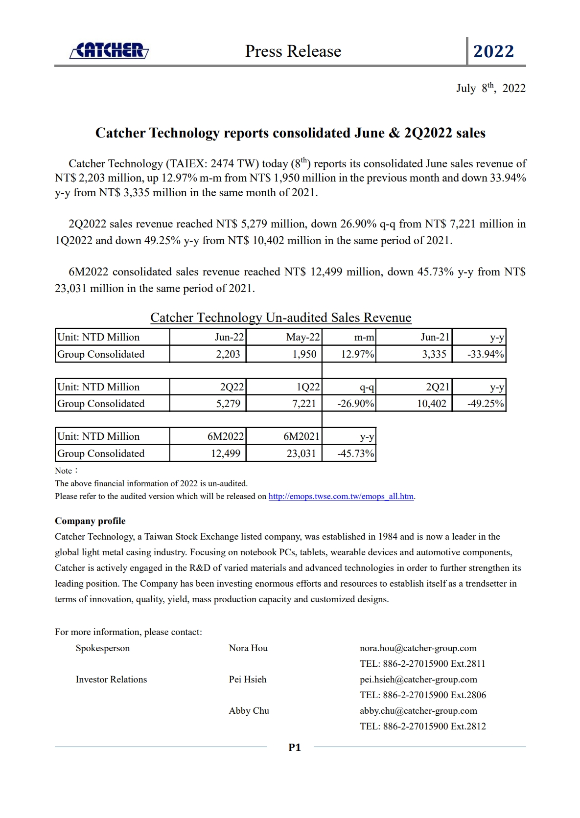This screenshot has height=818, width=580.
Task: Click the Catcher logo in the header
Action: (109, 50)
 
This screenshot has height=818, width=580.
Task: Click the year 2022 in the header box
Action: (493, 51)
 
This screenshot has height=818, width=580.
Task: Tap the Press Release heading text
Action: (293, 51)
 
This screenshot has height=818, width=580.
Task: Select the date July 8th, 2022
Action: (490, 88)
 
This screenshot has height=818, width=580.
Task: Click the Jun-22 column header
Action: (229, 337)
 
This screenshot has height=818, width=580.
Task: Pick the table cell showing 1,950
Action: (304, 354)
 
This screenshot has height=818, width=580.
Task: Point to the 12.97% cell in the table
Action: (357, 354)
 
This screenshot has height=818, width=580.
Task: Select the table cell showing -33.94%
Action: (485, 354)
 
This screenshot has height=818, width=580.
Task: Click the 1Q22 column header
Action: (308, 387)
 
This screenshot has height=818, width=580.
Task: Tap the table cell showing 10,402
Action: (431, 404)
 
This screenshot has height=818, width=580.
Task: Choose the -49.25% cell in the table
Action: (485, 404)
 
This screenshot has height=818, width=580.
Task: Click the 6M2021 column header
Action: (302, 436)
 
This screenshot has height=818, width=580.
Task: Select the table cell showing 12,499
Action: (226, 454)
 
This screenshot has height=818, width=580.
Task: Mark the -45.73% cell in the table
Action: (355, 454)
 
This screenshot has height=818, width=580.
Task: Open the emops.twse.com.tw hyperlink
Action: (341, 496)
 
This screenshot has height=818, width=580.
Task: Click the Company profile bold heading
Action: (90, 521)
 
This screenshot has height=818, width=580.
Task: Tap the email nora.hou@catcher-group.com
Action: (418, 648)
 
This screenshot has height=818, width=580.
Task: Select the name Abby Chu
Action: (249, 711)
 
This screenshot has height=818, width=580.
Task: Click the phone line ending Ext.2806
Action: (423, 695)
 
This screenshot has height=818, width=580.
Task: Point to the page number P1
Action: (295, 747)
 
